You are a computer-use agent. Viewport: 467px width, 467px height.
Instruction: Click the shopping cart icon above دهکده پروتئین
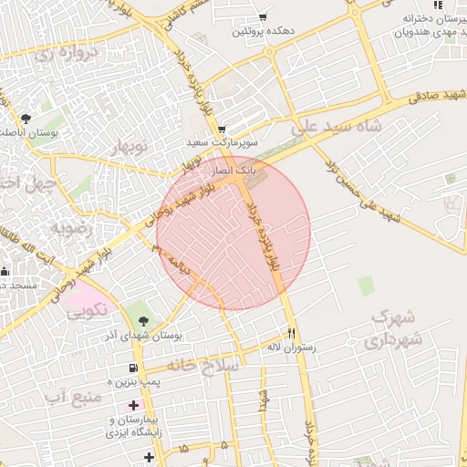tap(263, 17)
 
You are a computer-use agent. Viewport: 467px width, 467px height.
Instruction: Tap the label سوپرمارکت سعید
tap(223, 143)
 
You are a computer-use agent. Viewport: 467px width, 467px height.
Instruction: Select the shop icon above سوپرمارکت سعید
tap(222, 130)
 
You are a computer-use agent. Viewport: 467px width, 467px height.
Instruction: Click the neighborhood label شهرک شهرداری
tap(394, 329)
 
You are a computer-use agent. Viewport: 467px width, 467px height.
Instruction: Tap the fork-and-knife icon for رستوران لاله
tap(292, 334)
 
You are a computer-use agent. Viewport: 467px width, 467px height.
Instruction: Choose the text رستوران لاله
tap(290, 348)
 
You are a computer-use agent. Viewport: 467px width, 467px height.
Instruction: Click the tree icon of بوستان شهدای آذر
tap(144, 321)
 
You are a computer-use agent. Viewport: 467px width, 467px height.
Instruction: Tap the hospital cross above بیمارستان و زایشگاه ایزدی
tap(134, 405)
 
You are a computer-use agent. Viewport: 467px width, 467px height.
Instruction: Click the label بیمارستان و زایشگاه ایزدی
tap(136, 426)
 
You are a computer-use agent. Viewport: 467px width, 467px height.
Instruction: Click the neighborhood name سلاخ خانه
tap(209, 365)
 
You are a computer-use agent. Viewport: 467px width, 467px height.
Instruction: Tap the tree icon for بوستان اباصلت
tap(26, 119)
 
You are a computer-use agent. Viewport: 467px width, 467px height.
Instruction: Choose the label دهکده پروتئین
tap(263, 32)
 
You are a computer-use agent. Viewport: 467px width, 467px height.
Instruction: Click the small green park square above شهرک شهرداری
tap(366, 286)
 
